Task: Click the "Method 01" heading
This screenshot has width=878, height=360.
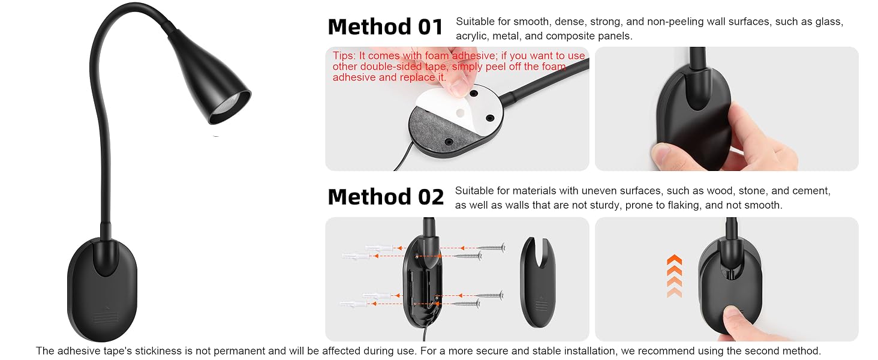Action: coord(385,26)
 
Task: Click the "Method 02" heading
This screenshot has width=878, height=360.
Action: coord(386,196)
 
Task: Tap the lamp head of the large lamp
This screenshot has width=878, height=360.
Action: coord(211,77)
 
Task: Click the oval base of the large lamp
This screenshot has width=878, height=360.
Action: coord(103,289)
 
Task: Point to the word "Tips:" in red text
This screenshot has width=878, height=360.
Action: coord(344,56)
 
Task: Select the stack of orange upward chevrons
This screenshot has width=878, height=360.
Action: coord(674,275)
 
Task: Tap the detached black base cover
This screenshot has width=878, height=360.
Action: coord(538,282)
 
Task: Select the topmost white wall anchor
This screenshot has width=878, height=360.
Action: coord(379,247)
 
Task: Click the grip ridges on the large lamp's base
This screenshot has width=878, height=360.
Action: coord(103,316)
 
